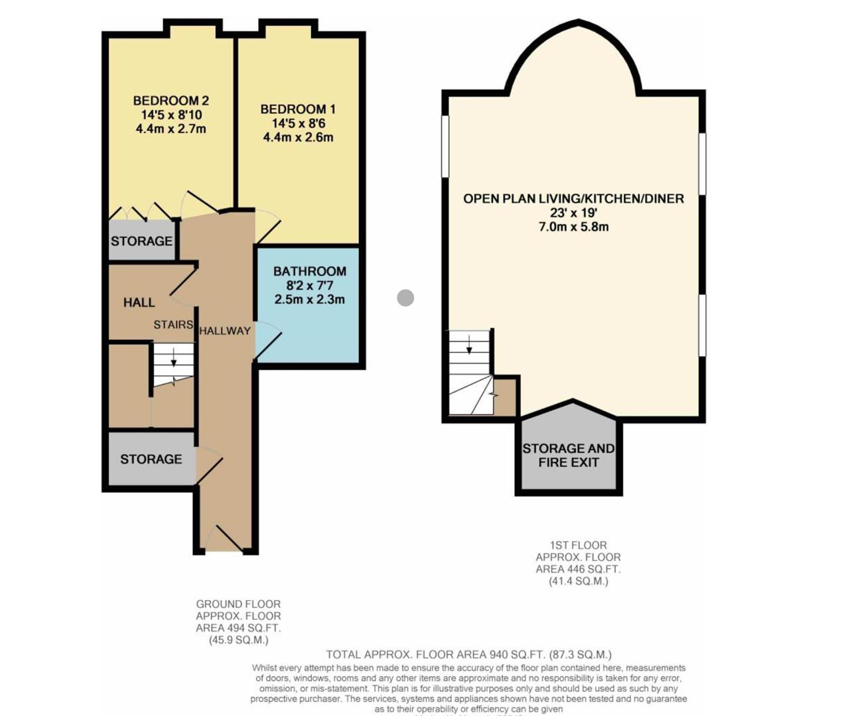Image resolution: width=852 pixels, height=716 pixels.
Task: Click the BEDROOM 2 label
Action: (x=171, y=101)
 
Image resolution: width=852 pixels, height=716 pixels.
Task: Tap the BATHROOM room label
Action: (x=309, y=271)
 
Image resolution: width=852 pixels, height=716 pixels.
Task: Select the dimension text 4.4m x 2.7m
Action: (x=171, y=129)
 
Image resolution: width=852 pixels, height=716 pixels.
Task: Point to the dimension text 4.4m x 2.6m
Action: (x=298, y=138)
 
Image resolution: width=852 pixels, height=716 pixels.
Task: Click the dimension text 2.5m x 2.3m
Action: (x=309, y=300)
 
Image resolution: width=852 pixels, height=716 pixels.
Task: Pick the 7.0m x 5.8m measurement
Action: (x=573, y=227)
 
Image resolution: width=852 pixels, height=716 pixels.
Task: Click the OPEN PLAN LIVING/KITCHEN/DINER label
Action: (x=573, y=198)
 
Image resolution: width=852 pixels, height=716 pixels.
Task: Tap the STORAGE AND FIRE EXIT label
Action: (x=568, y=455)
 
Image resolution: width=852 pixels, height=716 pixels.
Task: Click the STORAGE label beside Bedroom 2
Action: (x=141, y=241)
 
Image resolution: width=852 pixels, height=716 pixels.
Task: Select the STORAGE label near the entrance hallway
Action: (x=151, y=459)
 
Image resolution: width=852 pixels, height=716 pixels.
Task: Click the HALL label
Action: (x=139, y=302)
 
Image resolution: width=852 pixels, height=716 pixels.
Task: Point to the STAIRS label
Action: (x=173, y=324)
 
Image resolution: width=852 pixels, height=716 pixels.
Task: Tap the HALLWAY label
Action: (x=225, y=331)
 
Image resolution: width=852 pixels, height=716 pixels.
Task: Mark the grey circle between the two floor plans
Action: (x=405, y=298)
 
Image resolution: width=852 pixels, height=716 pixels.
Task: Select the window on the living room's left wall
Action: (x=445, y=147)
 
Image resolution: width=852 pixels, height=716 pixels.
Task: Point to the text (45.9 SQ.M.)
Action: (x=238, y=640)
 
